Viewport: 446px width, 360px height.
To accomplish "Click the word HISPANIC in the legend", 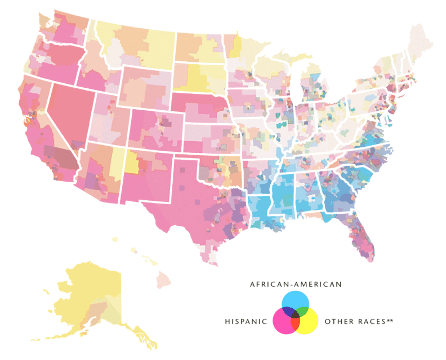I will [x=246, y=322].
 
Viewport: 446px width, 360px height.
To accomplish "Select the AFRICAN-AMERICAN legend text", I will [x=296, y=285].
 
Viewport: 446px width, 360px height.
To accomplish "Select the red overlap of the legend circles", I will [x=296, y=325].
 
